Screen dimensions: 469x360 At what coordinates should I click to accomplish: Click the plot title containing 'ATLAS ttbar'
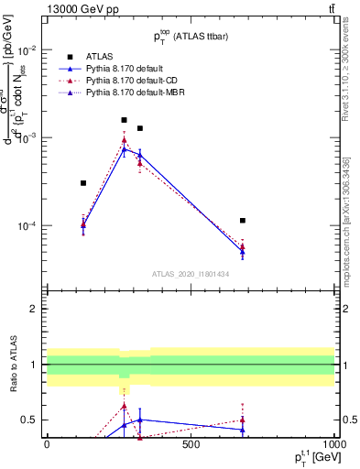click(x=190, y=34)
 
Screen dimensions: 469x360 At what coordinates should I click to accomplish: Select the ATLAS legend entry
click(x=100, y=57)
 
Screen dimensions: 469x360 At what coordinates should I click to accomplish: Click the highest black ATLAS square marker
click(x=125, y=120)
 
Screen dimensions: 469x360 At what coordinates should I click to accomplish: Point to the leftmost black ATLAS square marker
click(x=83, y=183)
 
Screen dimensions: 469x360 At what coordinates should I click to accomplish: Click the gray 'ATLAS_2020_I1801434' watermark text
click(x=190, y=274)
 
